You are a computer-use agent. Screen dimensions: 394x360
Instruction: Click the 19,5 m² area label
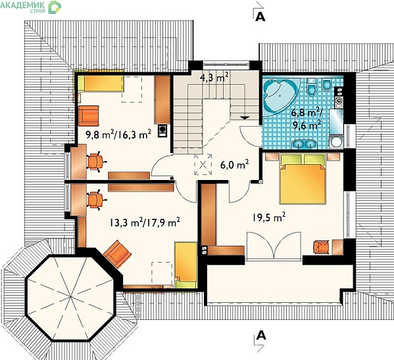(269, 217)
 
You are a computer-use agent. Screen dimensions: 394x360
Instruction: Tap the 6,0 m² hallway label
(234, 165)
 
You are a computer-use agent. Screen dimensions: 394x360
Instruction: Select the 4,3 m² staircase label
(214, 78)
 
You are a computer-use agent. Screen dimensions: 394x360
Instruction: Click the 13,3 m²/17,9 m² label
(145, 222)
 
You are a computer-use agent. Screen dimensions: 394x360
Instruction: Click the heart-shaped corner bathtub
(280, 95)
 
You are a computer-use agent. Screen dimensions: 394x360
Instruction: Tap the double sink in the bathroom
(304, 144)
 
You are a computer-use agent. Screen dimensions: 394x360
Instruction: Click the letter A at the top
(260, 17)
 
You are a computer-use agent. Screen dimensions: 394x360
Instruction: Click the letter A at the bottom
(260, 335)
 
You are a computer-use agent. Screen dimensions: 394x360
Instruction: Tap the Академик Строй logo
(31, 7)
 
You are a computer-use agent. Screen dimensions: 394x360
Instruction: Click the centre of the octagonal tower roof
(70, 297)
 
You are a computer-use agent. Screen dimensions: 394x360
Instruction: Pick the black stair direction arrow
(245, 118)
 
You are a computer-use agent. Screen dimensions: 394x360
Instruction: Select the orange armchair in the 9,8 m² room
(88, 116)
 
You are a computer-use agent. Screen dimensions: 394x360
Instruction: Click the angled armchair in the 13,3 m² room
(118, 254)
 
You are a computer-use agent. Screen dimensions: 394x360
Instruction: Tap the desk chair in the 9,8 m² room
(96, 162)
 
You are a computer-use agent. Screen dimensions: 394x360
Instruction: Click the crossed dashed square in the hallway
(203, 165)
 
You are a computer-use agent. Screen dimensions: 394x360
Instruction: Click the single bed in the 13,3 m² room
(185, 265)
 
